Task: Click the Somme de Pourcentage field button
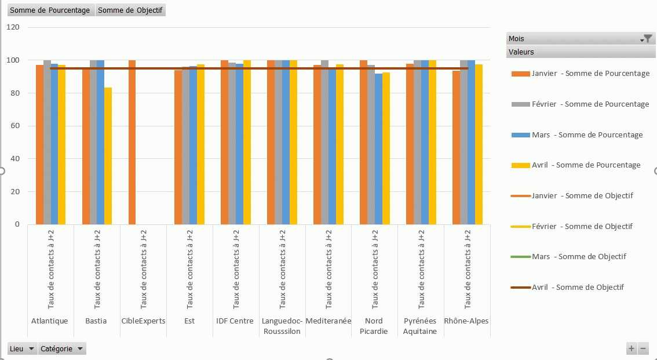tap(50, 10)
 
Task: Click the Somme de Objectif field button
tap(130, 10)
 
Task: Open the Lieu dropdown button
tap(22, 349)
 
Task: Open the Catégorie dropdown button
tap(62, 349)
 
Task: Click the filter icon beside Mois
tap(648, 38)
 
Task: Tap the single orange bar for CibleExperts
tap(132, 142)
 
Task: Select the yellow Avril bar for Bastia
tap(108, 156)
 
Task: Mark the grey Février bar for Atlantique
tap(47, 142)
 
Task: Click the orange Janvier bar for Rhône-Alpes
tap(456, 147)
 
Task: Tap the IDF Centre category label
tap(235, 321)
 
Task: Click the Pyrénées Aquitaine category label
tap(420, 326)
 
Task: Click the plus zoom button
tap(632, 348)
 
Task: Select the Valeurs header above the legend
tap(521, 52)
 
